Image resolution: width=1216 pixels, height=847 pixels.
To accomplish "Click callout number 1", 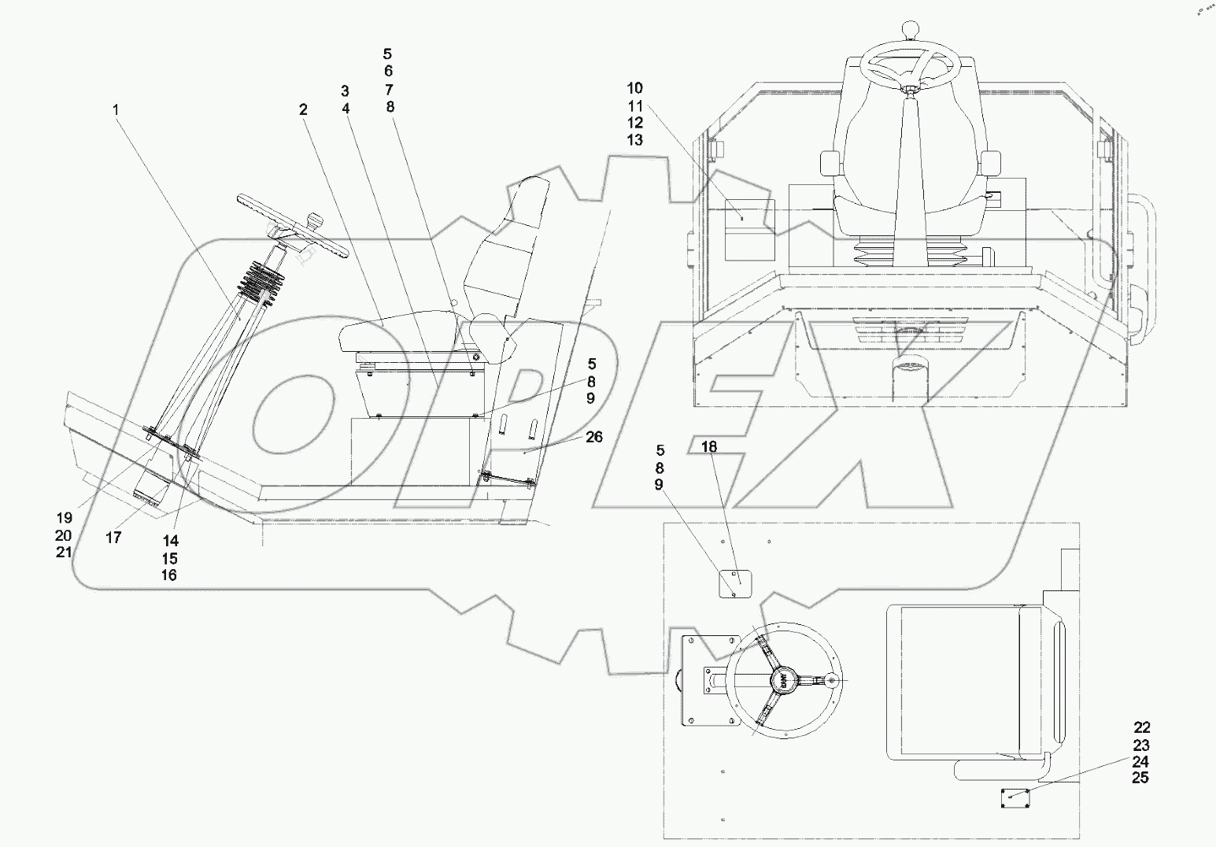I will [x=116, y=110].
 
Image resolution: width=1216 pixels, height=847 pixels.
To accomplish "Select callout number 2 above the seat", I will [x=302, y=110].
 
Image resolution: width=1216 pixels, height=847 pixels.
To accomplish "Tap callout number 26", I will [x=594, y=436].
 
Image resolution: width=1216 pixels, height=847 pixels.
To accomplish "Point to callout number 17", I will [x=114, y=537].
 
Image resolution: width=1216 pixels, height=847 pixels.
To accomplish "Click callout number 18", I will [x=709, y=447].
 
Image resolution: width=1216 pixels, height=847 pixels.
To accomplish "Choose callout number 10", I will [x=635, y=87].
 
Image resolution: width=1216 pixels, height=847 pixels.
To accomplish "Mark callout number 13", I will [x=635, y=140].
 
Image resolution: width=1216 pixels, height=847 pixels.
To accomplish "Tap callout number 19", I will [x=64, y=517].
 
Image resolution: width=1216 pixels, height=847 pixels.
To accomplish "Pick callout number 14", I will [x=170, y=541].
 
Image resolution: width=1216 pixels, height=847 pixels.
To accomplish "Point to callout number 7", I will [x=388, y=89].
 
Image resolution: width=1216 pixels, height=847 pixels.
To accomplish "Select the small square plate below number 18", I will [x=735, y=584].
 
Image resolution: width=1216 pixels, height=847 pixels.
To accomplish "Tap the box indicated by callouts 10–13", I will [x=748, y=228].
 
